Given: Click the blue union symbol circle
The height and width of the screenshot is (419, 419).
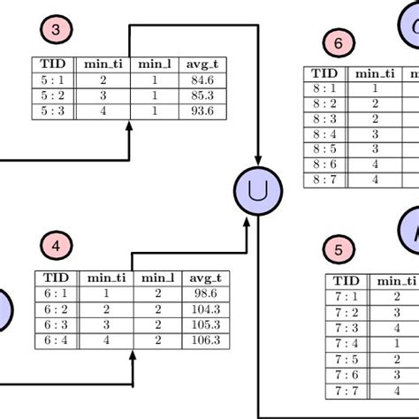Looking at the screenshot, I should (x=256, y=189).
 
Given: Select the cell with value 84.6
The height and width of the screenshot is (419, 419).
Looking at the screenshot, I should (x=202, y=79).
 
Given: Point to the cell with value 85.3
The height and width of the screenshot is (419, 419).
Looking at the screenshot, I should (x=202, y=94).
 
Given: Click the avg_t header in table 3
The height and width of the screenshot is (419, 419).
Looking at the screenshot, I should (x=202, y=64).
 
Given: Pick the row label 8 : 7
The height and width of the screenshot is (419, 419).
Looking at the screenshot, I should (x=325, y=179).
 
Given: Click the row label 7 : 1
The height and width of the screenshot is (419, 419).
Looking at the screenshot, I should (x=347, y=297).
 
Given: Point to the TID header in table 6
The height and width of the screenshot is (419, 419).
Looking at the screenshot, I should (x=325, y=73).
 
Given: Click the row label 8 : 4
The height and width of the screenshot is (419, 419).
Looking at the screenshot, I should (x=325, y=133).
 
